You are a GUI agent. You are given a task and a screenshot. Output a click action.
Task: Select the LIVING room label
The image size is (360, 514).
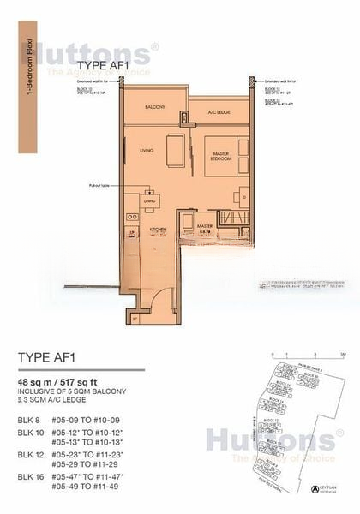click(146, 151)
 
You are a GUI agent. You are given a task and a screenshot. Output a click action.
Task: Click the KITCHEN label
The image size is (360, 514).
click(159, 231)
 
